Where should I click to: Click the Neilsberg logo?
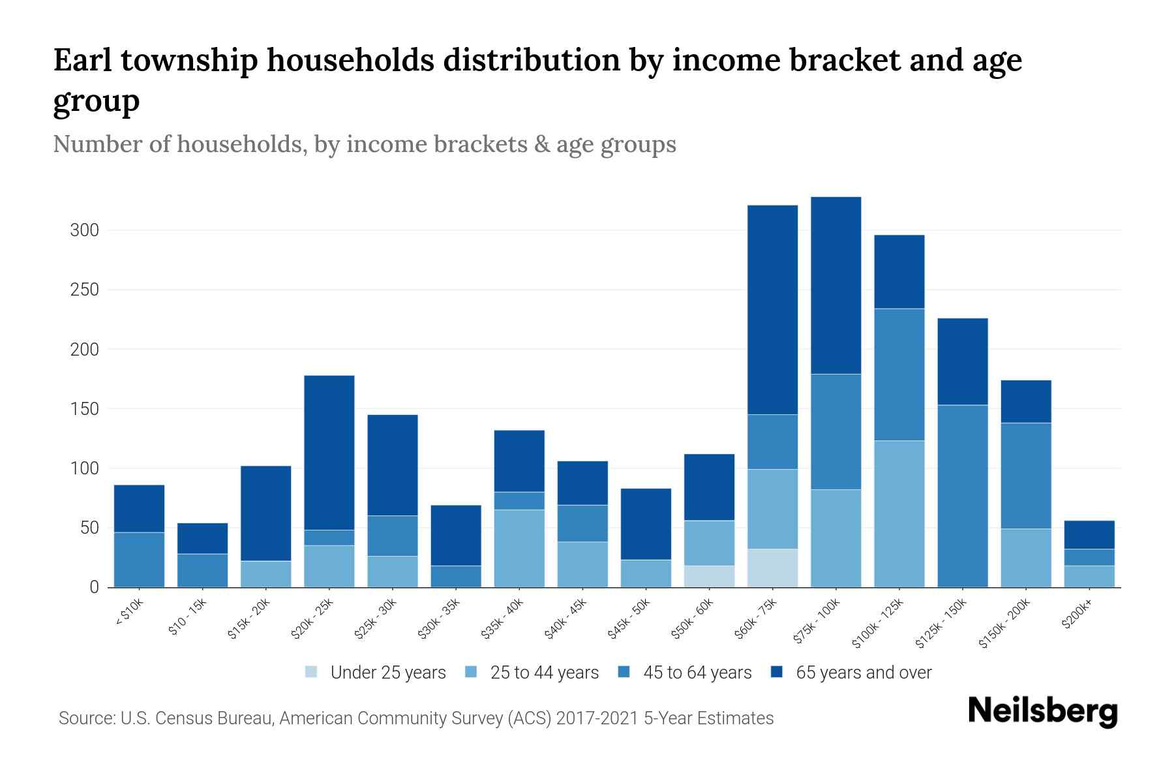tap(1042, 711)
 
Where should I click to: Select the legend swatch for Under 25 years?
tap(312, 672)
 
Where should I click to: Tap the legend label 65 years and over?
tap(864, 672)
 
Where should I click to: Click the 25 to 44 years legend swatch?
tap(472, 672)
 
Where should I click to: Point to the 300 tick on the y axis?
tap(85, 230)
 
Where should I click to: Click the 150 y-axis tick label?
tap(85, 409)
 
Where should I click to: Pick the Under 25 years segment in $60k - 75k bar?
tap(772, 568)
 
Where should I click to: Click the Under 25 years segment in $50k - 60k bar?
tap(709, 576)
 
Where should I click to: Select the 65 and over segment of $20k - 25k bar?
tap(329, 452)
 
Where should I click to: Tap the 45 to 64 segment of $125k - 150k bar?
tap(963, 496)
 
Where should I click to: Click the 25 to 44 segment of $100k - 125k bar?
tap(899, 514)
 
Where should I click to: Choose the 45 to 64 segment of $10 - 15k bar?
tap(203, 570)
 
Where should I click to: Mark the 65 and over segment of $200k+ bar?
tap(1089, 534)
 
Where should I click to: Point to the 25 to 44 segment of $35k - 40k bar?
tap(519, 548)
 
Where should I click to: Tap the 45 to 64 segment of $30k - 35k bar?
tap(456, 576)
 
